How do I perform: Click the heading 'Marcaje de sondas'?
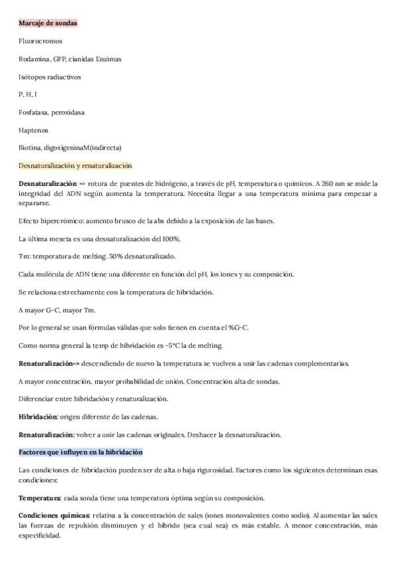48,23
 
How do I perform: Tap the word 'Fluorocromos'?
40,41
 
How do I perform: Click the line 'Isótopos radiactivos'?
50,77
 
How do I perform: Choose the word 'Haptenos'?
34,130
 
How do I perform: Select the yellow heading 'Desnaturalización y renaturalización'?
75,165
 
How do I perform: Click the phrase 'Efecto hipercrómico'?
46,220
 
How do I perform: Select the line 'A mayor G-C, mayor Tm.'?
58,310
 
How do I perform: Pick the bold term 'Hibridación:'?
38,417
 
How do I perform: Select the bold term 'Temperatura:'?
40,497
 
